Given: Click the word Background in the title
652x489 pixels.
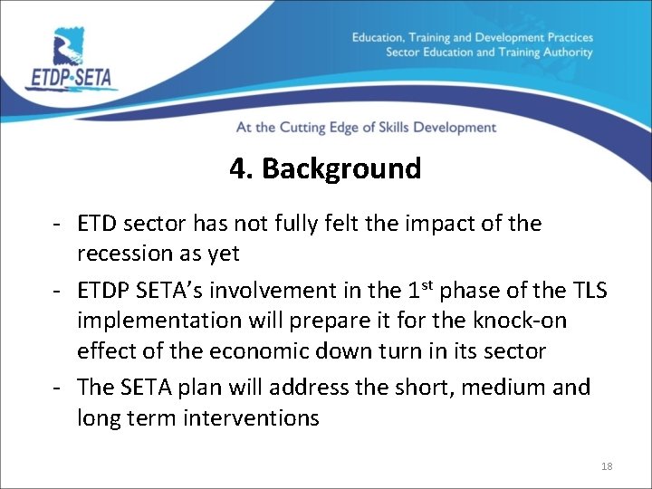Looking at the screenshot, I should coord(341,169).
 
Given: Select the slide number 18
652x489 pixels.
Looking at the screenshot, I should coord(607,466).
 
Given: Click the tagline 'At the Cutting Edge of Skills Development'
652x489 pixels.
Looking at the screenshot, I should coord(366,128).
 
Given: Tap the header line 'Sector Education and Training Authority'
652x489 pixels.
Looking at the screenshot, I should coord(489,53).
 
